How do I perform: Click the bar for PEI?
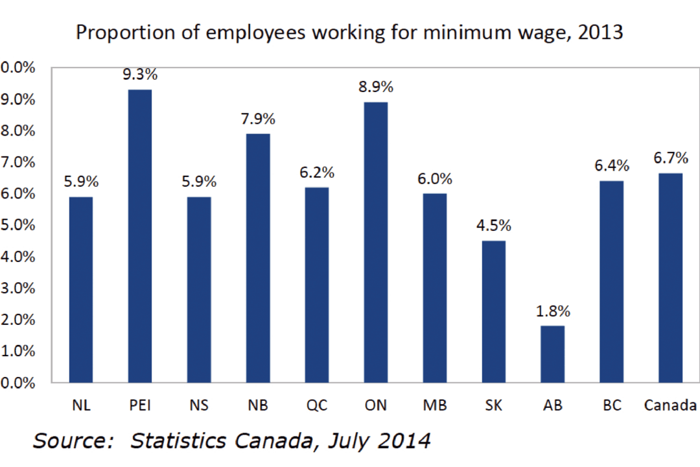pyautogui.click(x=140, y=236)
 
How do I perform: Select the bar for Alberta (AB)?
pyautogui.click(x=552, y=354)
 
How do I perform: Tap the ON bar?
pyautogui.click(x=376, y=243)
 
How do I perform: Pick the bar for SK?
pyautogui.click(x=493, y=311)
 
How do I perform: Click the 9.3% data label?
pyautogui.click(x=140, y=74)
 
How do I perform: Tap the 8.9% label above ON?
pyautogui.click(x=376, y=87)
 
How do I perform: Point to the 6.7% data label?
pyautogui.click(x=670, y=158)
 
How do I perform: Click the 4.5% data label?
pyautogui.click(x=493, y=226)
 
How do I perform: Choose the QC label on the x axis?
pyautogui.click(x=317, y=405)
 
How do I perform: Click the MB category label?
pyautogui.click(x=434, y=405)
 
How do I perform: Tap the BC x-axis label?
pyautogui.click(x=611, y=405)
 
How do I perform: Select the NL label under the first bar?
pyautogui.click(x=81, y=405)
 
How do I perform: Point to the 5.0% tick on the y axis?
pyautogui.click(x=18, y=225)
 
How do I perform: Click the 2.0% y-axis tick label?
pyautogui.click(x=18, y=320)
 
